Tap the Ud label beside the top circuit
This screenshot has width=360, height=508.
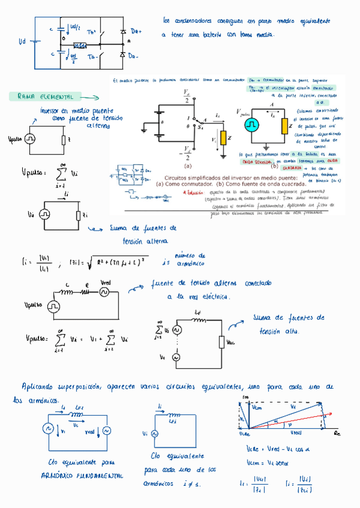[22, 41]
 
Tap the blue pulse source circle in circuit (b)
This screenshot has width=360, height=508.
[250, 125]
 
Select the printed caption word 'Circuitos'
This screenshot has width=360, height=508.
[179, 179]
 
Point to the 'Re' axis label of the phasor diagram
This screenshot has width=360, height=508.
[337, 433]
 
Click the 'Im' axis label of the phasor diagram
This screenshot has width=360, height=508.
[244, 397]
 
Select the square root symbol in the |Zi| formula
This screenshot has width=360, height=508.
[92, 261]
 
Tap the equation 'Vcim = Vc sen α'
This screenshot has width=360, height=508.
[267, 462]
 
